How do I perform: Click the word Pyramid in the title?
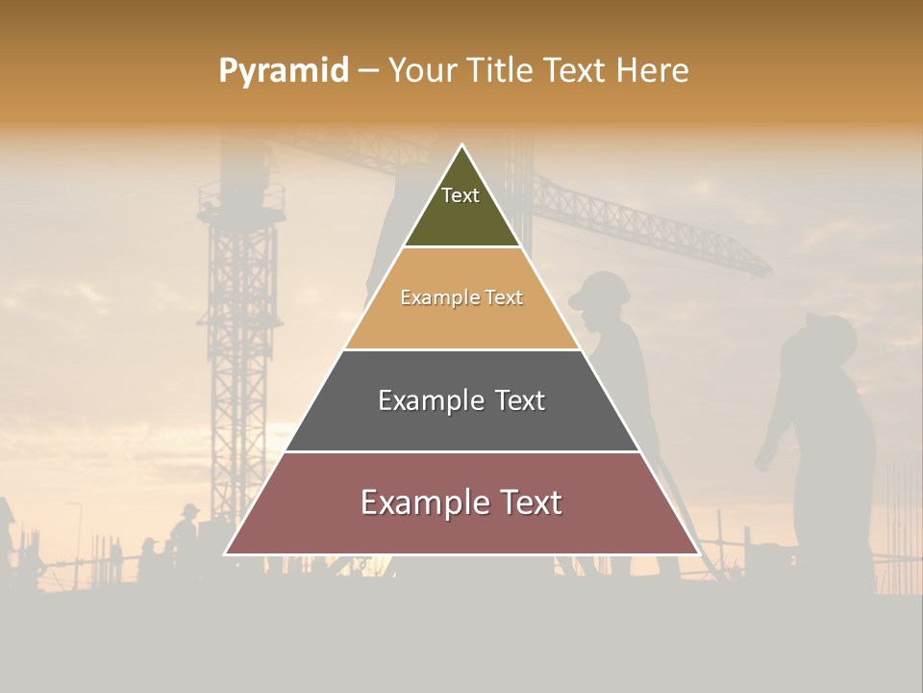[x=284, y=70]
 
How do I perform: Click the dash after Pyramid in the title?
[x=367, y=71]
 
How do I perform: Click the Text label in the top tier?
[x=461, y=195]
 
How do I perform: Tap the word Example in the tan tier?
[x=438, y=297]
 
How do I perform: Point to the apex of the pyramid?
[x=461, y=146]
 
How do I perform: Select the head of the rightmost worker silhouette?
[x=828, y=337]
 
